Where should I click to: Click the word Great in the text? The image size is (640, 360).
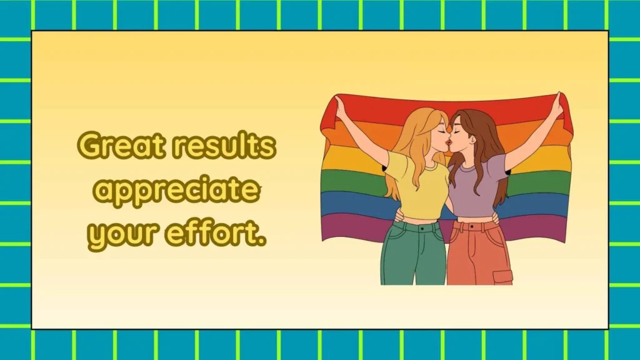[x=122, y=145]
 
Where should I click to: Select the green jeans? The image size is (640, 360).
[x=413, y=253]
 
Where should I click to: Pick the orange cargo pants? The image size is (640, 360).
[x=478, y=253]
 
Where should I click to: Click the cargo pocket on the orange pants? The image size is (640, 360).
[x=503, y=277]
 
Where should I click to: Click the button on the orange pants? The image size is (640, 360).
[x=472, y=226]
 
